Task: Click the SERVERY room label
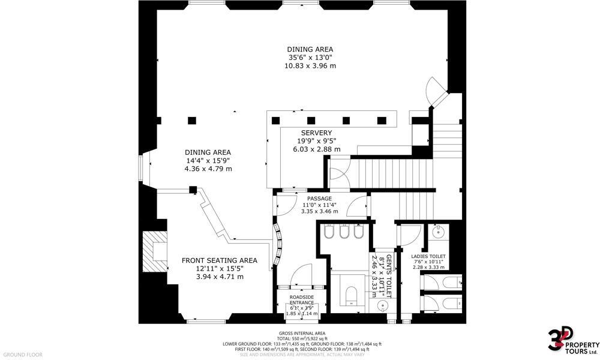pyautogui.click(x=316, y=133)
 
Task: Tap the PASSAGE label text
pyautogui.click(x=320, y=199)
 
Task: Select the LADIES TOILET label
pyautogui.click(x=428, y=256)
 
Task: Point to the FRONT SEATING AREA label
pyautogui.click(x=220, y=260)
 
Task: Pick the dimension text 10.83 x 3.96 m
pyautogui.click(x=310, y=65)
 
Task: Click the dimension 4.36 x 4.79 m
pyautogui.click(x=208, y=169)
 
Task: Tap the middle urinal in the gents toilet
pyautogui.click(x=344, y=232)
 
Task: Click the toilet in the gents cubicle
pyautogui.click(x=350, y=293)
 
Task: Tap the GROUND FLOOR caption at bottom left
pyautogui.click(x=22, y=355)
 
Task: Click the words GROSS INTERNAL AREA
pyautogui.click(x=302, y=333)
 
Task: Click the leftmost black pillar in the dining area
pyautogui.click(x=191, y=119)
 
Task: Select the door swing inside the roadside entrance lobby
pyautogui.click(x=301, y=275)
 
